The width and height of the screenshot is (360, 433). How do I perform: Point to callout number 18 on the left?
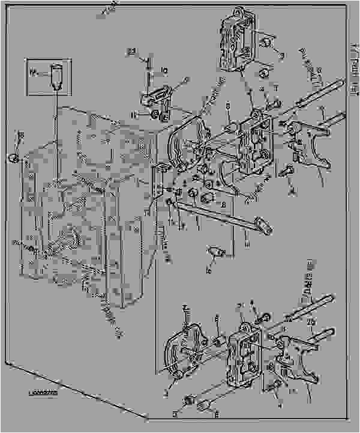click(x=21, y=136)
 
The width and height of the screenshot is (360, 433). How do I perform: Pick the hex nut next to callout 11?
click(x=155, y=112)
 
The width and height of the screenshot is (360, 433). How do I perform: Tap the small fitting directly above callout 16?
click(x=215, y=252)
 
